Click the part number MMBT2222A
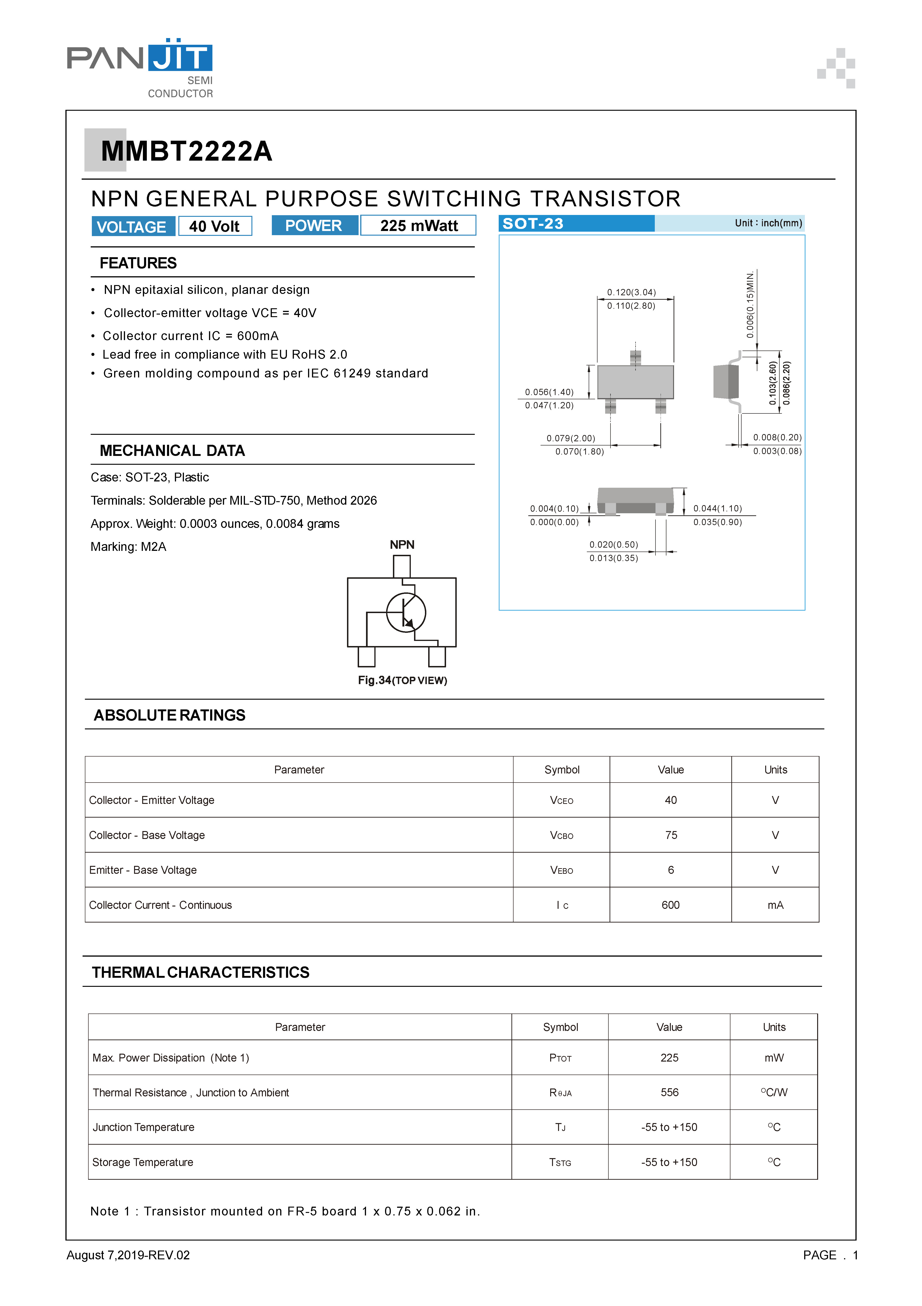coord(186,151)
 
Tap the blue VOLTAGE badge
coord(132,226)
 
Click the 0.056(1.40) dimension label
coord(549,392)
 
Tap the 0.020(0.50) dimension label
coord(613,544)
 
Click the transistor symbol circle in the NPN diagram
coord(406,613)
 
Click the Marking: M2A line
coord(129,547)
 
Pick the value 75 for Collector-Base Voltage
coord(671,835)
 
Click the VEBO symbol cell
coord(562,870)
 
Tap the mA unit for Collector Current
coord(775,905)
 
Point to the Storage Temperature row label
coord(143,1162)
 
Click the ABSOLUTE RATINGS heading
coord(169,715)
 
